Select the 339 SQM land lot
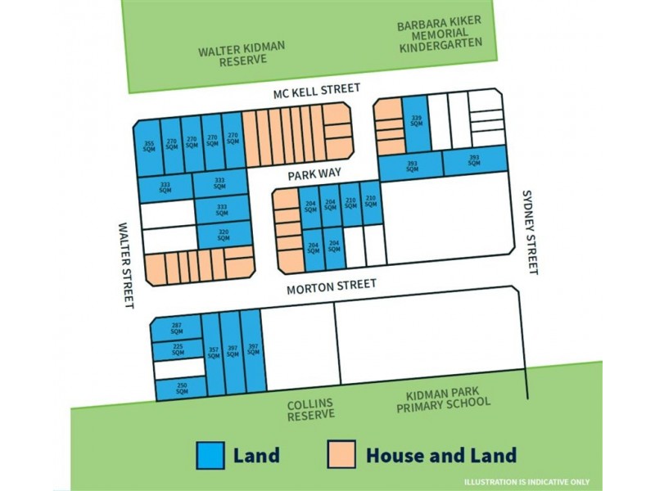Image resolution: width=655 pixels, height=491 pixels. (x=417, y=123)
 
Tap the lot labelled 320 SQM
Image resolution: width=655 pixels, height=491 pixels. (x=224, y=234)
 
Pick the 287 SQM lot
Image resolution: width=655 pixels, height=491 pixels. (x=176, y=328)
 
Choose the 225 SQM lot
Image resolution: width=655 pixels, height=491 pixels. (x=178, y=349)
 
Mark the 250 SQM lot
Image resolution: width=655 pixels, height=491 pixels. (x=181, y=388)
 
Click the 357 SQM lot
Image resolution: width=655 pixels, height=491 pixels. (x=213, y=352)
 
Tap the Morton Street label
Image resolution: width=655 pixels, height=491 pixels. (x=332, y=286)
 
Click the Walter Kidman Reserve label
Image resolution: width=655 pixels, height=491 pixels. (x=242, y=54)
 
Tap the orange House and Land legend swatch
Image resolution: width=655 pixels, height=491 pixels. (x=342, y=455)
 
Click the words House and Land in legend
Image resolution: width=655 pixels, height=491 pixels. (x=440, y=456)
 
